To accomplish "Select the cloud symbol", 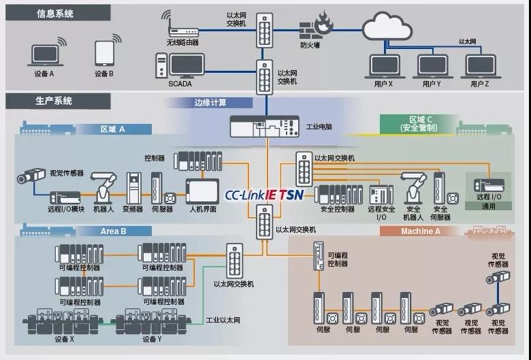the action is (387, 26).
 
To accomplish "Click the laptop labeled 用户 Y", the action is (433, 67).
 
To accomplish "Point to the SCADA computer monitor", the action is (187, 65).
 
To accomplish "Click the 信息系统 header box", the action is (58, 13).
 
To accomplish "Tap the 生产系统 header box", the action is (58, 101).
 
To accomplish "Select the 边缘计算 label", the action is (210, 103).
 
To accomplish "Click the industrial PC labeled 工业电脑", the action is (264, 127).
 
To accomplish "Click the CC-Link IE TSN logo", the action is (264, 195).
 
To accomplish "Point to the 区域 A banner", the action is (113, 129).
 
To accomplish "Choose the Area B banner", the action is (113, 231).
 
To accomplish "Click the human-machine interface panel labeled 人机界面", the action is (202, 192).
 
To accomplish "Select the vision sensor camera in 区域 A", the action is (31, 175).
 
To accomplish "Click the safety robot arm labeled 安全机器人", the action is (413, 188).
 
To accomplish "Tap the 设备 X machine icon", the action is (63, 321).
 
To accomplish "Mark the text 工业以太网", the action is (223, 321).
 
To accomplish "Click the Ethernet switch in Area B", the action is (234, 261).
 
